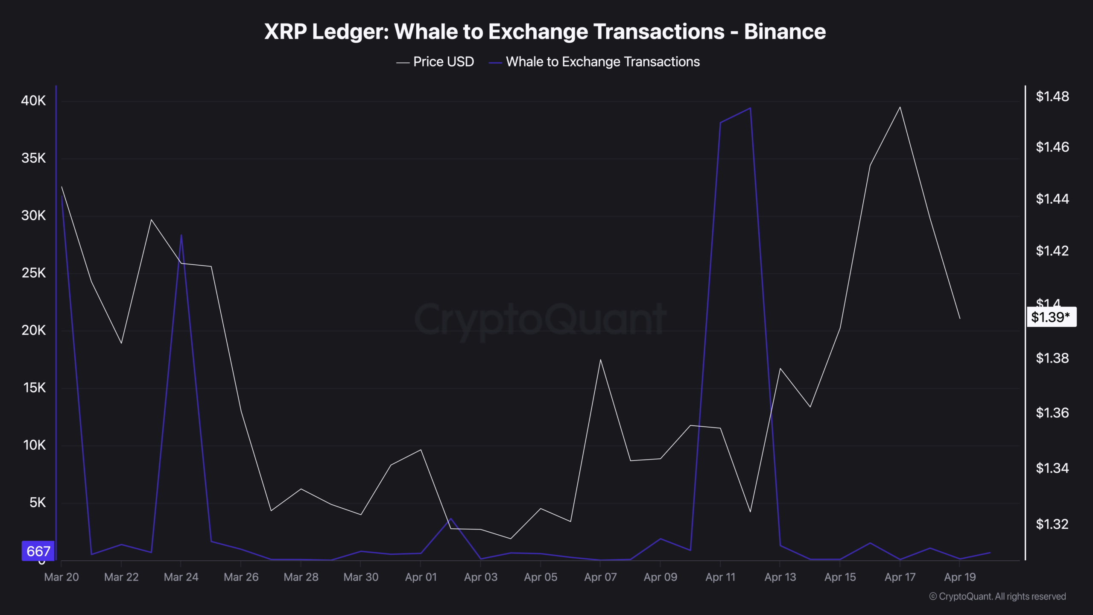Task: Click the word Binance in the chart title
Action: (x=785, y=32)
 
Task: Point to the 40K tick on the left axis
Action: (x=33, y=101)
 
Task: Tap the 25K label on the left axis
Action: (x=33, y=273)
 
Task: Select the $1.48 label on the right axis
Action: (x=1052, y=97)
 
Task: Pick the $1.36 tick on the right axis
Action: (x=1052, y=413)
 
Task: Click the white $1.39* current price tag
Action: (x=1051, y=317)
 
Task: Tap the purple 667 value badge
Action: (x=38, y=551)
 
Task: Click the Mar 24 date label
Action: (x=181, y=577)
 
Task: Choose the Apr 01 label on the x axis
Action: (x=421, y=577)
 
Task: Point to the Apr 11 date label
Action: (x=720, y=577)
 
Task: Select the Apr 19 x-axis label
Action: (x=960, y=577)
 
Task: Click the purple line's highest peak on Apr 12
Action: (x=750, y=108)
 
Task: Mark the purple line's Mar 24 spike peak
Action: (x=181, y=235)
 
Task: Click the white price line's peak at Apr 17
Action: (x=900, y=107)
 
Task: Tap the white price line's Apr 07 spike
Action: (x=600, y=360)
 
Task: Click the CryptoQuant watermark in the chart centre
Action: (x=540, y=319)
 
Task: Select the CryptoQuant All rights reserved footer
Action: (x=997, y=596)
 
